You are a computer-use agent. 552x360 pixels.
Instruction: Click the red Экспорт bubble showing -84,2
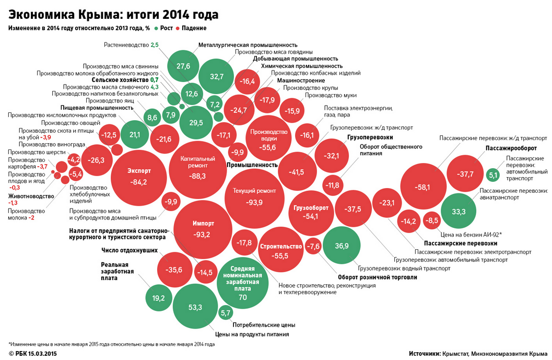point(139,177)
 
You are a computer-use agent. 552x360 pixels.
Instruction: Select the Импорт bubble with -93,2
point(203,229)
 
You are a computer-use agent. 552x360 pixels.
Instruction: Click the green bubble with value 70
point(242,285)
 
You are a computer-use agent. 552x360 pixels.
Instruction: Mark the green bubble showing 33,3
point(459,211)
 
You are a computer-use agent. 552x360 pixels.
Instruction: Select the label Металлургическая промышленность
point(248,45)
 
